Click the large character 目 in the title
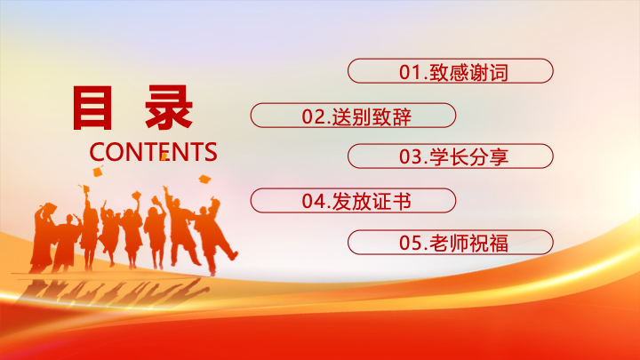tap(92, 108)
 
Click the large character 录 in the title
tap(169, 108)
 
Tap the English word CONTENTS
tap(153, 152)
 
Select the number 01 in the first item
tap(410, 72)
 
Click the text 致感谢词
tap(469, 73)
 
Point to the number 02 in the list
tap(313, 116)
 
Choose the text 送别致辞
tap(372, 117)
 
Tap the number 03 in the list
tap(410, 157)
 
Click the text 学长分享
tap(469, 157)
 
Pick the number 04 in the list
tap(313, 201)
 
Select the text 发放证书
tap(372, 202)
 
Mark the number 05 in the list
tap(410, 244)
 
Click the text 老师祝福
tap(469, 244)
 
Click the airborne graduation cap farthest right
tap(204, 179)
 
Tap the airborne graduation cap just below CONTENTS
tap(98, 171)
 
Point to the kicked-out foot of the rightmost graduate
tap(233, 255)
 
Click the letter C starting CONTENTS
tap(97, 152)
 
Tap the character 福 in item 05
tap(499, 244)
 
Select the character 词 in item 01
tap(499, 73)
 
